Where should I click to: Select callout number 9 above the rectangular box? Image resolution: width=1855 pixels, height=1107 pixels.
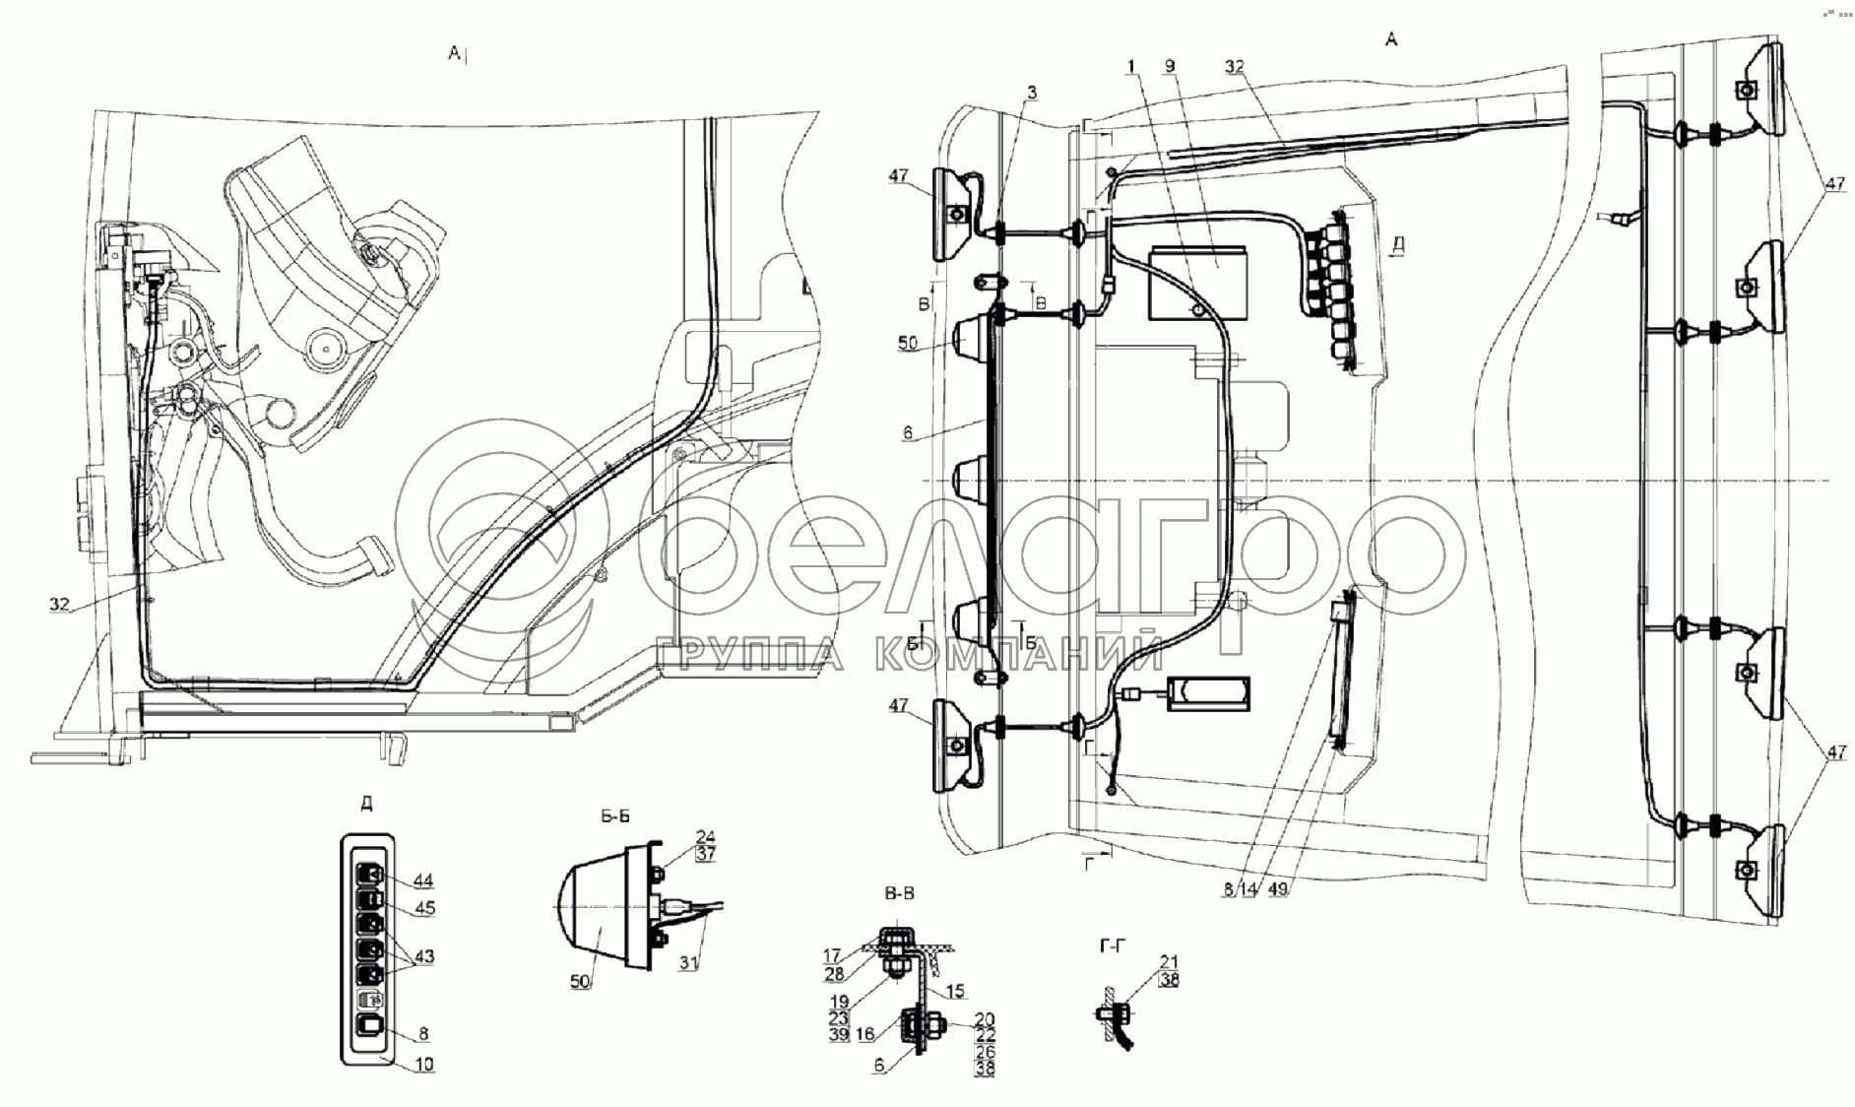[x=1169, y=67]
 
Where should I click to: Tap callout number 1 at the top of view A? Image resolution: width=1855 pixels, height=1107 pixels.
[x=1131, y=67]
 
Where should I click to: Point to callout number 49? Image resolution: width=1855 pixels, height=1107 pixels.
[x=1279, y=888]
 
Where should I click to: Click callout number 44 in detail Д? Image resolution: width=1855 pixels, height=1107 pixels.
[x=423, y=880]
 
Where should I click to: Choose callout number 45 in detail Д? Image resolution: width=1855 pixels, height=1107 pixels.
[x=424, y=908]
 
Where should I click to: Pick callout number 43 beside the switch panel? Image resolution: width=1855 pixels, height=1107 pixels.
[x=424, y=956]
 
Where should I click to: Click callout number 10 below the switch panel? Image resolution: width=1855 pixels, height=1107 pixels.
[x=424, y=1064]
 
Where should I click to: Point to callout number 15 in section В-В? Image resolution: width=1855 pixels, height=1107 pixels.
[x=955, y=991]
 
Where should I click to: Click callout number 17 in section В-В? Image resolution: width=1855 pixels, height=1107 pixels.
[x=832, y=954]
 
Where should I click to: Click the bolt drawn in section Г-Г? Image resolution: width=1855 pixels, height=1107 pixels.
[x=1113, y=1011]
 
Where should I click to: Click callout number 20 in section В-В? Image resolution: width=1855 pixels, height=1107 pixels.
[x=985, y=1019]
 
